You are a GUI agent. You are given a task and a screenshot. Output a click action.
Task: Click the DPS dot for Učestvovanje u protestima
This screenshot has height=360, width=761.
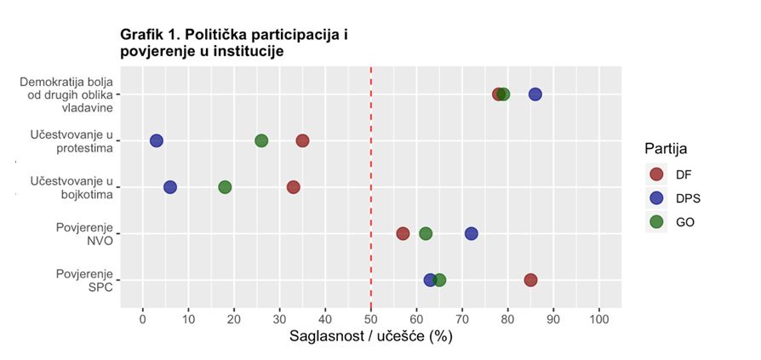(157, 140)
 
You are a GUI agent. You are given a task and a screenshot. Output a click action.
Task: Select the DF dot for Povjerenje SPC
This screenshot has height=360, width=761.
(530, 280)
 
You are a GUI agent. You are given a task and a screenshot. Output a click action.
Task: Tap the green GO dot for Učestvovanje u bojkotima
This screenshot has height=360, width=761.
(225, 187)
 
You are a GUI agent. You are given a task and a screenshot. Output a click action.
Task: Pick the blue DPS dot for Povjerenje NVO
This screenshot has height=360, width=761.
(472, 233)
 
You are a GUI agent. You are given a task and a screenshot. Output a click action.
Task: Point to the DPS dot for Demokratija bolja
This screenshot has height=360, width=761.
(535, 94)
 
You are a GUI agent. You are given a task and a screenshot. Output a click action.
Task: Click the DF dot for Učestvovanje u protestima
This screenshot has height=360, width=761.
(302, 140)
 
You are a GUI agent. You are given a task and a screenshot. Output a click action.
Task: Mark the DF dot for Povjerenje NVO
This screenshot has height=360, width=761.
(403, 233)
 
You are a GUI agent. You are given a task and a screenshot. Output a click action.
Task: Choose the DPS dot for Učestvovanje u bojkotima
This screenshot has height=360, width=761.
(170, 187)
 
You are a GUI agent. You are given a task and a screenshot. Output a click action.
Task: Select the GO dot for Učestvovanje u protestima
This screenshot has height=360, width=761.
(261, 140)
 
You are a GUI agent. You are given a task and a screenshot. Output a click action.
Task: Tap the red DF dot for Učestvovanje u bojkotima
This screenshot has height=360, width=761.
(293, 187)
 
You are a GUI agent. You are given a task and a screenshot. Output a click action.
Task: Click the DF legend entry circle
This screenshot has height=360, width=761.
(656, 174)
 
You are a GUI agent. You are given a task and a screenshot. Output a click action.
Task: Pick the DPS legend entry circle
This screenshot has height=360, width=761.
(656, 198)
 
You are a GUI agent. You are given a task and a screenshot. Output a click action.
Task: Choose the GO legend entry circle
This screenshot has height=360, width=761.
(656, 222)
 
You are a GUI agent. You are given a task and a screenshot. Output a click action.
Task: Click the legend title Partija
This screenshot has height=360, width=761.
(666, 149)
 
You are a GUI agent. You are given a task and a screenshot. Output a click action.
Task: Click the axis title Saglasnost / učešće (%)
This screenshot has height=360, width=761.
(371, 337)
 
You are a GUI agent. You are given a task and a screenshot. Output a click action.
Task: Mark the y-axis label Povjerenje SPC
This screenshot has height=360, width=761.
(84, 280)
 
